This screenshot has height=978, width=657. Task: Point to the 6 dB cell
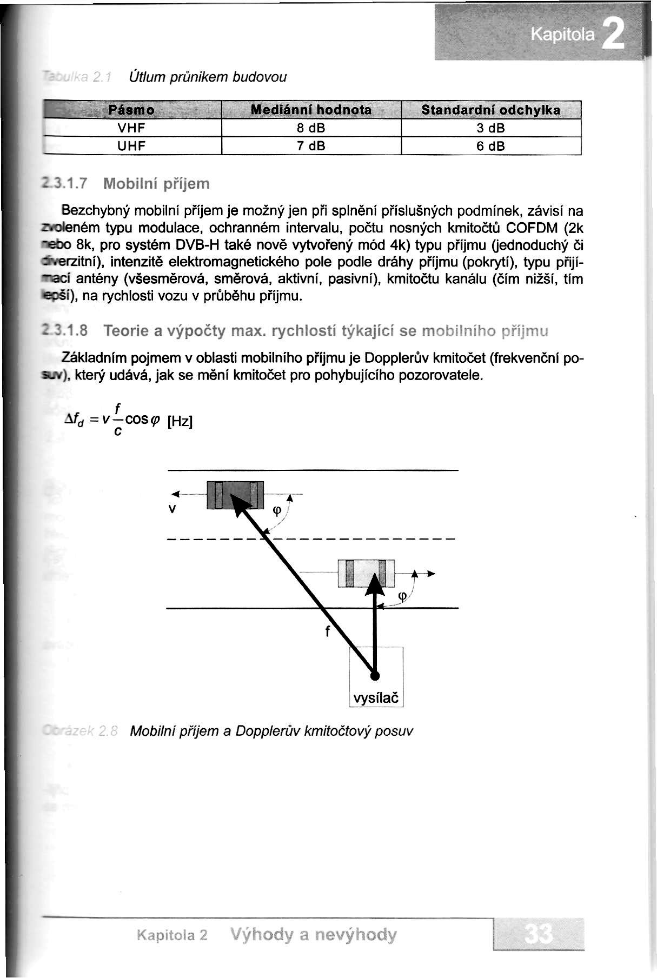point(490,146)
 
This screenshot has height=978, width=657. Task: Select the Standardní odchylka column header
point(490,110)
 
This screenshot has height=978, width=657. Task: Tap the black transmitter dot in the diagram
point(374,675)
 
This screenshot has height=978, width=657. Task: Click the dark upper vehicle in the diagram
point(235,495)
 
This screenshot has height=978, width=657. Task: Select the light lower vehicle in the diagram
point(366,573)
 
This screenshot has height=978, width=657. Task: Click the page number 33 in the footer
point(539,934)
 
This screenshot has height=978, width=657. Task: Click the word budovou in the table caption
point(260,77)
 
